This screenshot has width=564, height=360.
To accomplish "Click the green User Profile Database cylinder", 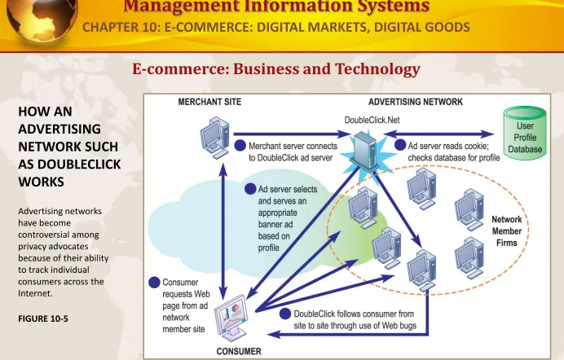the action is (525, 134).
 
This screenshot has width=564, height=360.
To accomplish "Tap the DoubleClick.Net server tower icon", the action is (365, 151).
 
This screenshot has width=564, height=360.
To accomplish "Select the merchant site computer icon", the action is (214, 138).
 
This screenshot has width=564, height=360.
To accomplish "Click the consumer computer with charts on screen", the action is (231, 318).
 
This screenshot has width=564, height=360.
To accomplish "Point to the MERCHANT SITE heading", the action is (209, 102).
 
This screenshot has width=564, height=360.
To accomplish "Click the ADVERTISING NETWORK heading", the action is (416, 102).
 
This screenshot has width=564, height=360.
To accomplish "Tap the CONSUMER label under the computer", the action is (239, 351).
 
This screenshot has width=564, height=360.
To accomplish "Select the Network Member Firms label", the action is (506, 231).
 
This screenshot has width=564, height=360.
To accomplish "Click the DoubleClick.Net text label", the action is (372, 120).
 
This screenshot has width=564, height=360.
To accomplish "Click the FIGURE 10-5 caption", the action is (43, 318).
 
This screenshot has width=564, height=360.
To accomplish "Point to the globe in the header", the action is (42, 18).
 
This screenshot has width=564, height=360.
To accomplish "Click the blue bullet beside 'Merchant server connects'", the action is (240, 146).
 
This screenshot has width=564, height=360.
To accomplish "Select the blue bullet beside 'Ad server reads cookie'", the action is (400, 145).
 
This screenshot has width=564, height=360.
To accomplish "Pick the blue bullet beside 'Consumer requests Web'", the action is (154, 283).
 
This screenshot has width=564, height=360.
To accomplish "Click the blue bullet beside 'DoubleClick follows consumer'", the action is (285, 314).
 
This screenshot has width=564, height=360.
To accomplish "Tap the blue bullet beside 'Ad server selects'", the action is (250, 189).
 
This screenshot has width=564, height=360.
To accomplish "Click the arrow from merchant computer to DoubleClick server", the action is (292, 134).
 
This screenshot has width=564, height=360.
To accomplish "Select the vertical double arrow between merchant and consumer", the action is (223, 232).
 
